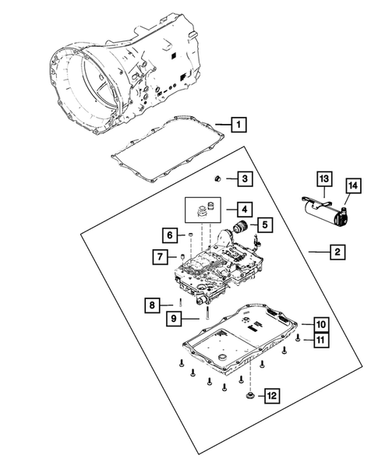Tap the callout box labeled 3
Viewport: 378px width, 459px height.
pyautogui.click(x=244, y=179)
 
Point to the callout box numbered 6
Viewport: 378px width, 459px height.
pyautogui.click(x=168, y=234)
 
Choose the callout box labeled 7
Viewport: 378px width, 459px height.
pyautogui.click(x=160, y=256)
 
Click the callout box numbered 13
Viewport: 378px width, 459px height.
pyautogui.click(x=322, y=179)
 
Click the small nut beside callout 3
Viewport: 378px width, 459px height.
pyautogui.click(x=220, y=179)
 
